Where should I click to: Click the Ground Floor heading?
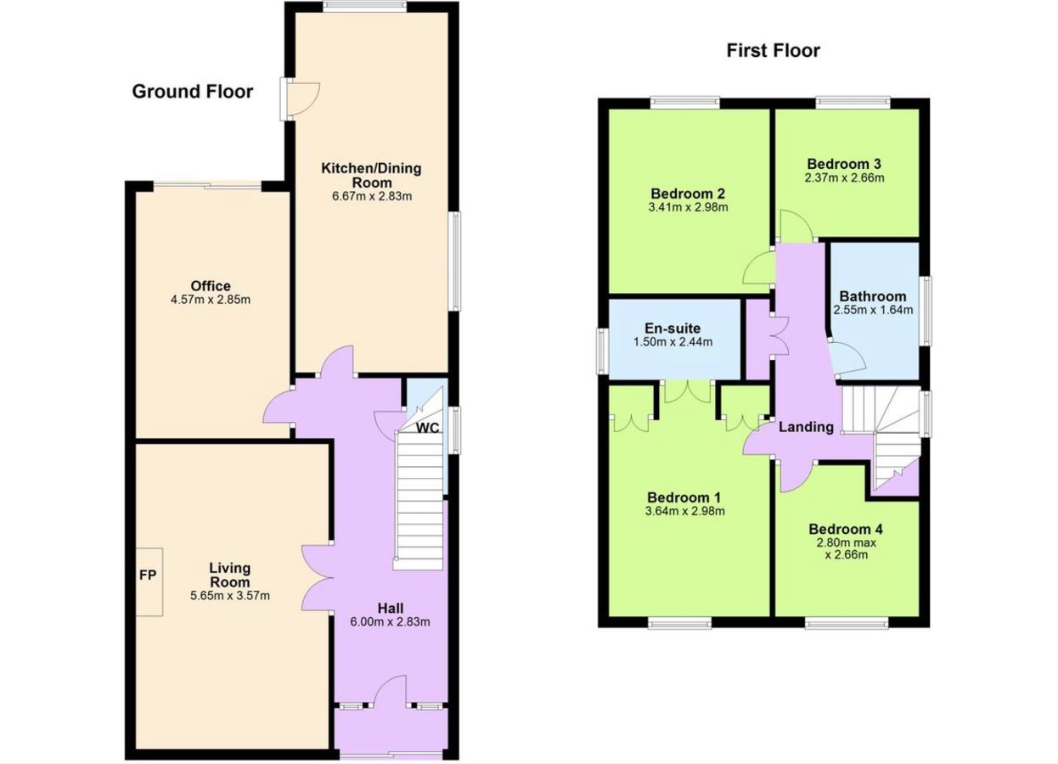click(193, 92)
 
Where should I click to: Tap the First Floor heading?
click(774, 51)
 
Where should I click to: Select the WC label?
click(427, 428)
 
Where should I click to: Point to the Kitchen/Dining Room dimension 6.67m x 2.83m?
click(372, 196)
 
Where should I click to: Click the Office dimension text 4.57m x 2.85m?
click(211, 300)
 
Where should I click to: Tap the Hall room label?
click(390, 608)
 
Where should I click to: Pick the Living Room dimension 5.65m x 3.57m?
click(230, 595)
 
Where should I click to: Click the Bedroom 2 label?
click(688, 194)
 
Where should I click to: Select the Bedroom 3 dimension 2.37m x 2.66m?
click(844, 177)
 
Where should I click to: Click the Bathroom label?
click(873, 296)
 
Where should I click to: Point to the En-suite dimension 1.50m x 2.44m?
click(673, 341)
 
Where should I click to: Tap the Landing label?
click(806, 427)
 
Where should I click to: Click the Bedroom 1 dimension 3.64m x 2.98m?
click(685, 510)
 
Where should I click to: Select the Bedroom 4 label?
click(846, 529)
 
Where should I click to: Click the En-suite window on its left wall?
click(602, 351)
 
